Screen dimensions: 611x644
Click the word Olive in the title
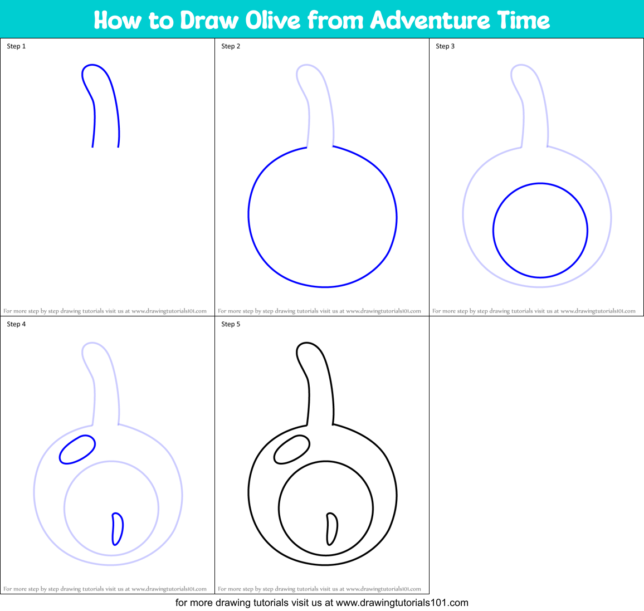tap(272, 20)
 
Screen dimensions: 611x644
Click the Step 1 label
tap(16, 46)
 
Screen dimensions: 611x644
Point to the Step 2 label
tap(231, 46)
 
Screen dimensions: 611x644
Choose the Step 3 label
tap(445, 46)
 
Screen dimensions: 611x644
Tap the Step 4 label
tap(16, 324)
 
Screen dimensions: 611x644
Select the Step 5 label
tap(231, 324)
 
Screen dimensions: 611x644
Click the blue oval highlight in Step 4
tap(77, 449)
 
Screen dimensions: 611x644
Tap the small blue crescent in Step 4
tap(117, 529)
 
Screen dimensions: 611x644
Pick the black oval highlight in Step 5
tap(292, 449)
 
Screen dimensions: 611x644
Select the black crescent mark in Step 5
tap(331, 529)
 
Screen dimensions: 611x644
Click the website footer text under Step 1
tap(105, 311)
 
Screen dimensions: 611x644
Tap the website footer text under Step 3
tap(534, 311)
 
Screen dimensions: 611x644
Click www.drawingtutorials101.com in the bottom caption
tap(402, 603)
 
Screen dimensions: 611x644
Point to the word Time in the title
tap(524, 20)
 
